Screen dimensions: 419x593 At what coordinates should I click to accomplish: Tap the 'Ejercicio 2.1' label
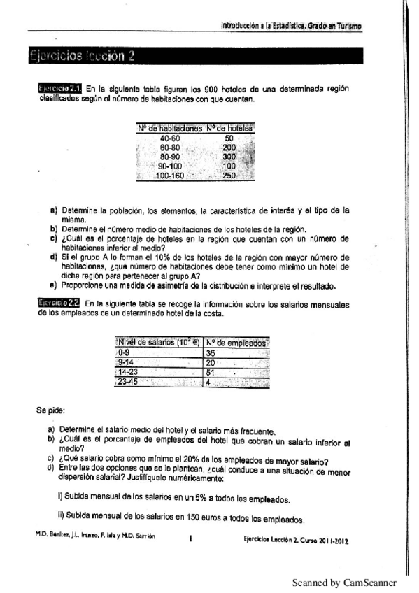coord(60,88)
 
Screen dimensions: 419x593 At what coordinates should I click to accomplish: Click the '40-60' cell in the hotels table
coord(170,138)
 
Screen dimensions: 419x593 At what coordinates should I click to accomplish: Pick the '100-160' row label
coord(169,176)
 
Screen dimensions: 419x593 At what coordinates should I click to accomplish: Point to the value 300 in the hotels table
coord(229,157)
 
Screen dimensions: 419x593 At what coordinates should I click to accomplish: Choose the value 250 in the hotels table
coord(229,176)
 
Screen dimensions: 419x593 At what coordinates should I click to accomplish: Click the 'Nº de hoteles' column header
coord(229,128)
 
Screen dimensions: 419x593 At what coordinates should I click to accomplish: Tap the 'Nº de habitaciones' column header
coord(170,128)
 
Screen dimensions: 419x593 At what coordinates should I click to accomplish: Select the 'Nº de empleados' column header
coord(235,343)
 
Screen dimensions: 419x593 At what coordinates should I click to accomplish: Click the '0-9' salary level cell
coord(124,353)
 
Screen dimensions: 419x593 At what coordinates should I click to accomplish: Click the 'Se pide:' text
coord(50,410)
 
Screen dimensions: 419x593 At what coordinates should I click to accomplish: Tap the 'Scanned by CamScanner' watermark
coord(343,583)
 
